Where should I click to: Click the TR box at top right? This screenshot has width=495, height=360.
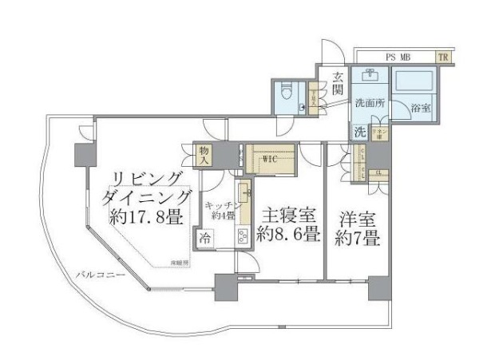(442, 57)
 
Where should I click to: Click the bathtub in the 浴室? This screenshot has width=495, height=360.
(414, 84)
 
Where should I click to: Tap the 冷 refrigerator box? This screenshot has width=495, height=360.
(206, 237)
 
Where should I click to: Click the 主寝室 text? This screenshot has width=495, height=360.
(289, 216)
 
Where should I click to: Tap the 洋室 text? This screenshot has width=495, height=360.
(356, 219)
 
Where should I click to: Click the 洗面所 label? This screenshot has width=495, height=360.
(370, 103)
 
